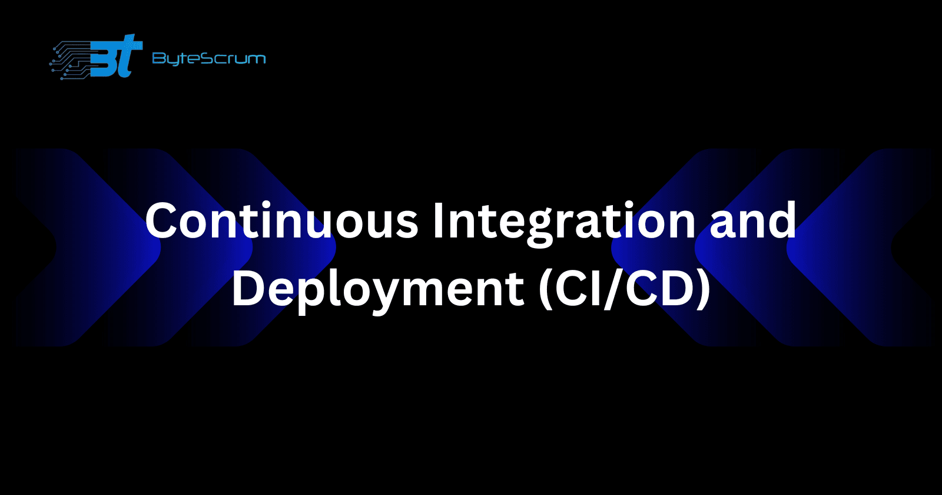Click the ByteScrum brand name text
pyautogui.click(x=209, y=58)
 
